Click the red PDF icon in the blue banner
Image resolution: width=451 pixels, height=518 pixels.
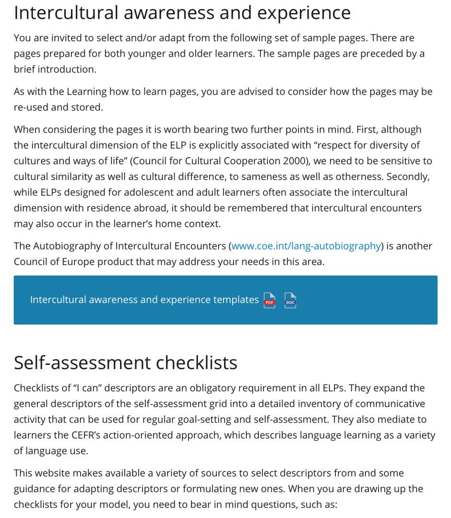pos(270,301)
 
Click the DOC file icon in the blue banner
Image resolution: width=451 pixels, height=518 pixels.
pos(290,301)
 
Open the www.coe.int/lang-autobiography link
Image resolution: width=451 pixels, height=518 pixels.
pos(306,246)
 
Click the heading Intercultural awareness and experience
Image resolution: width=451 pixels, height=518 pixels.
pos(182,13)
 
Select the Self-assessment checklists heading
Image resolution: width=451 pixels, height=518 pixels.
pos(125,362)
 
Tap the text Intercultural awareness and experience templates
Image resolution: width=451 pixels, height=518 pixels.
pos(144,300)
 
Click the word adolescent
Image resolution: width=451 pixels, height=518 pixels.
pos(154,193)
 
